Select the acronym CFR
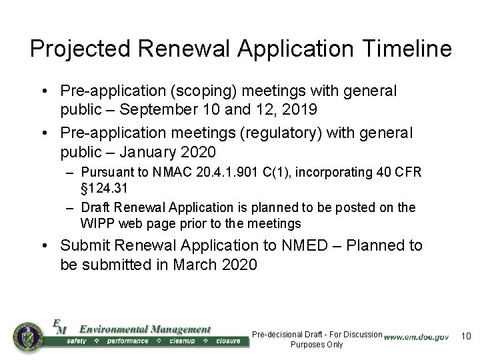coord(407,173)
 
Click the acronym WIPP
coord(97,223)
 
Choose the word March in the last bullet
coord(193,265)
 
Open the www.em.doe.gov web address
coord(416,337)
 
